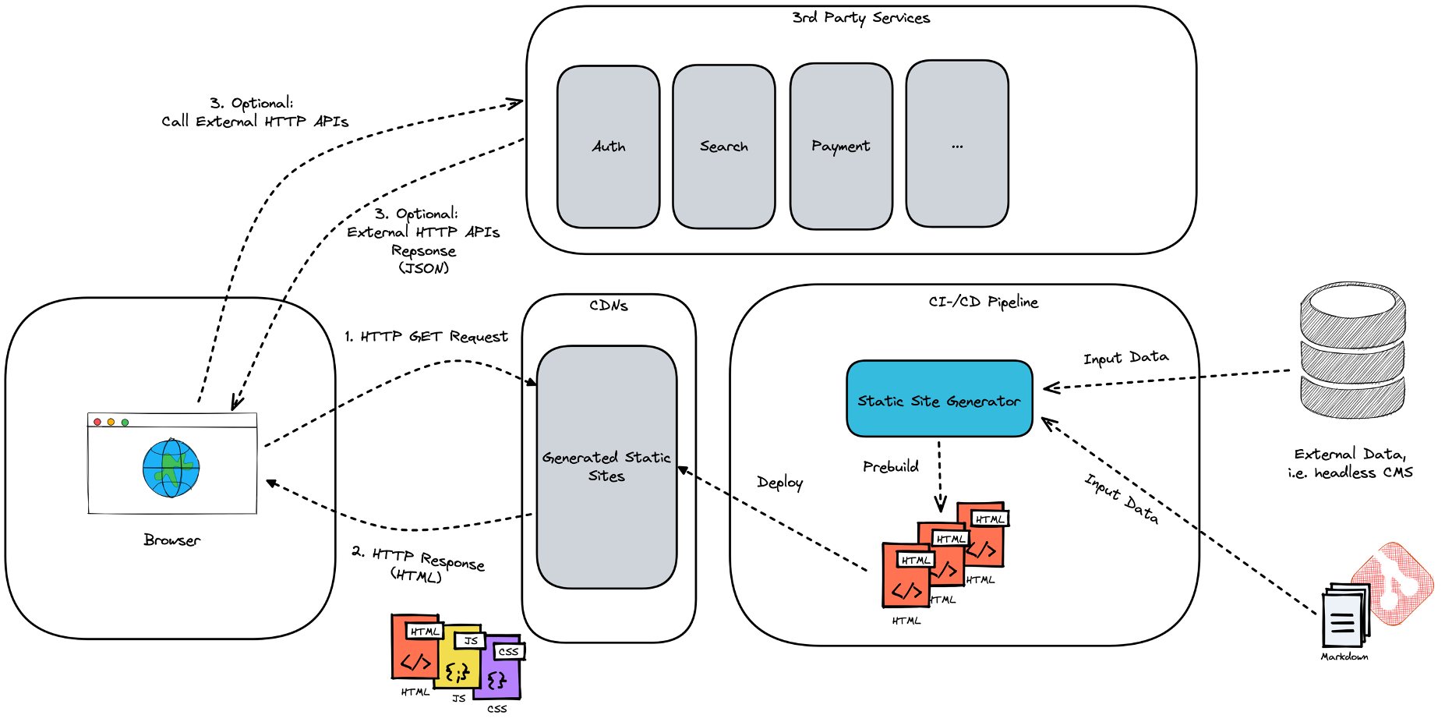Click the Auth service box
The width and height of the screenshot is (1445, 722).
pyautogui.click(x=608, y=147)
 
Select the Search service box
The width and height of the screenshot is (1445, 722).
pyautogui.click(x=723, y=147)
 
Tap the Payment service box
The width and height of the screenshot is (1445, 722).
pyautogui.click(x=840, y=147)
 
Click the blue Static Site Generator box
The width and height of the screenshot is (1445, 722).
pyautogui.click(x=939, y=398)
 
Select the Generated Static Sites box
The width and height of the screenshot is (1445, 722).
pyautogui.click(x=606, y=466)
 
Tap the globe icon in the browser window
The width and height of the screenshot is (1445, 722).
pyautogui.click(x=171, y=468)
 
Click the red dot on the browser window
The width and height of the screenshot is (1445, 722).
pyautogui.click(x=97, y=422)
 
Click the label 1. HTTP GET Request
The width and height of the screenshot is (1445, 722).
pyautogui.click(x=426, y=336)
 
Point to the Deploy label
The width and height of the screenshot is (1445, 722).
pyautogui.click(x=779, y=483)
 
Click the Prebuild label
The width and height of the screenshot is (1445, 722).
pyautogui.click(x=890, y=466)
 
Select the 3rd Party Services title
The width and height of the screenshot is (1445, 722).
pyautogui.click(x=860, y=17)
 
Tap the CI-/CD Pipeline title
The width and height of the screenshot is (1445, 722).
pyautogui.click(x=983, y=302)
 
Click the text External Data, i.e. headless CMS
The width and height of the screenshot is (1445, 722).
pyautogui.click(x=1350, y=463)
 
